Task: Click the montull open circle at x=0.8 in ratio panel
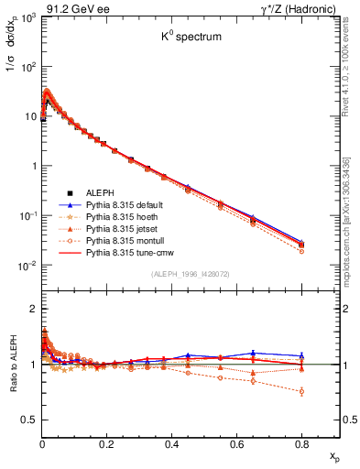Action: point(301,391)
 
